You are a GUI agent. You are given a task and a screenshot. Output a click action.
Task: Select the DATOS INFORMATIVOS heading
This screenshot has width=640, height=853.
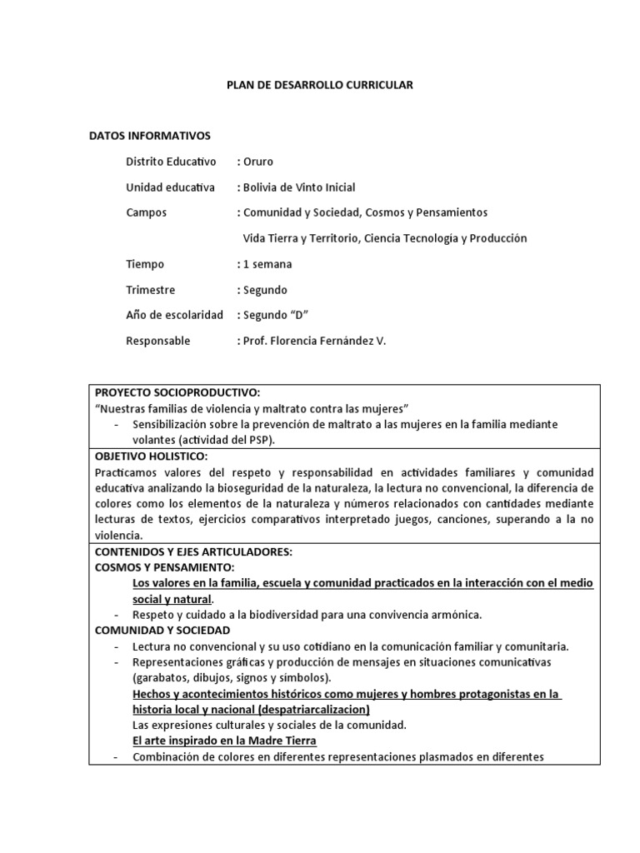pyautogui.click(x=150, y=135)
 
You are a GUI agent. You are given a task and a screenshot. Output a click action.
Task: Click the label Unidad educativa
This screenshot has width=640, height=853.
pyautogui.click(x=170, y=187)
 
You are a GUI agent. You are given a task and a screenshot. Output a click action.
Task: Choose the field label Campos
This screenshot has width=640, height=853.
pyautogui.click(x=146, y=212)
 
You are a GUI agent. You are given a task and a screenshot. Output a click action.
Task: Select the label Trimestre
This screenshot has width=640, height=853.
pyautogui.click(x=151, y=290)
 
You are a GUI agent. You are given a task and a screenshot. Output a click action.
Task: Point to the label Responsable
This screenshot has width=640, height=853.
pyautogui.click(x=157, y=341)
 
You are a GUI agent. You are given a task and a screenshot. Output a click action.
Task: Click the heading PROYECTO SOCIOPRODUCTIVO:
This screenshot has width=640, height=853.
pyautogui.click(x=177, y=392)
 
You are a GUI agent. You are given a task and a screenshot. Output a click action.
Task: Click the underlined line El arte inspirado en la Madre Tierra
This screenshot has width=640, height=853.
pyautogui.click(x=224, y=741)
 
